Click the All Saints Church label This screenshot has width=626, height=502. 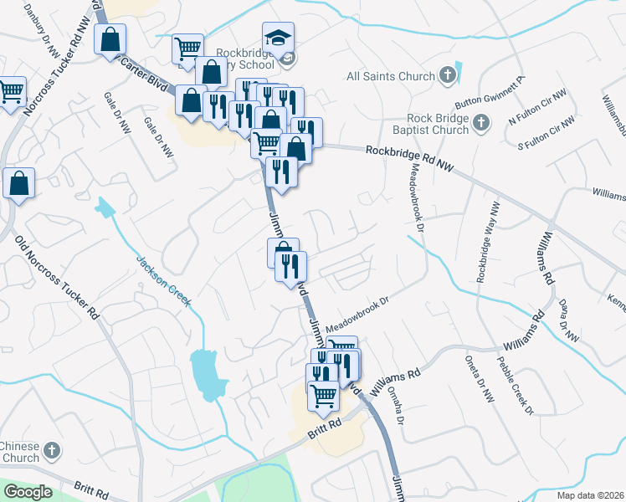point(391,76)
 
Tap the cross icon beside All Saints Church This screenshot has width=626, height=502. point(448,76)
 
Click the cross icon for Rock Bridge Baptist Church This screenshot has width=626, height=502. point(481,124)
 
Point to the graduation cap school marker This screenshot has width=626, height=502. point(278,38)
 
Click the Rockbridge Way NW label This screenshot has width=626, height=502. point(488,242)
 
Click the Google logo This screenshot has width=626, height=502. point(27,492)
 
